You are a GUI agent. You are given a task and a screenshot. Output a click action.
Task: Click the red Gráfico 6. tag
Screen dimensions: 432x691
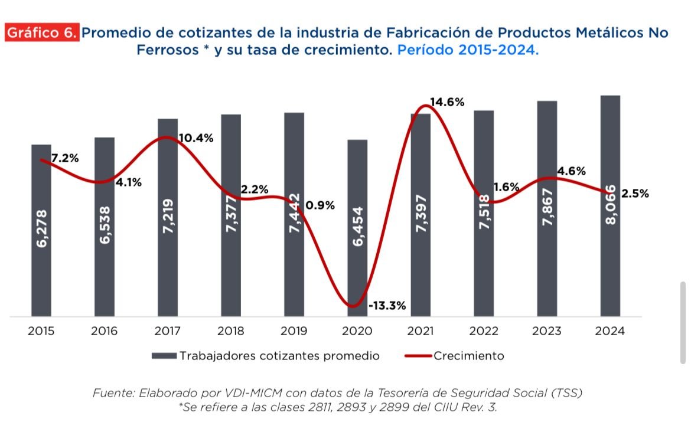[x=42, y=33]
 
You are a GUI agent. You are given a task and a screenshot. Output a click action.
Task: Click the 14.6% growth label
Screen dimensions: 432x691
[x=447, y=102]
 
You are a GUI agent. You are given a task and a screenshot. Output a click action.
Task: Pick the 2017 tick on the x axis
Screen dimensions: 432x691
[x=167, y=331]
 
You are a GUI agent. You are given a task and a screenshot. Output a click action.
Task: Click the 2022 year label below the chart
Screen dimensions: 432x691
[x=484, y=331]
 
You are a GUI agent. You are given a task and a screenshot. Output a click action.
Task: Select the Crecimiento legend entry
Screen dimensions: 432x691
[x=468, y=356]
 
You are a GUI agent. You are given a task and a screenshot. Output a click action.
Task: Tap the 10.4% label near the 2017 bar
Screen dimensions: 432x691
[x=196, y=138]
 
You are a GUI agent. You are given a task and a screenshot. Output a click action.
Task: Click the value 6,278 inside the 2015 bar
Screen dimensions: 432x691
[x=41, y=228]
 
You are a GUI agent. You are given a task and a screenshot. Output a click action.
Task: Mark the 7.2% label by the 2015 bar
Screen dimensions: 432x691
[x=65, y=158]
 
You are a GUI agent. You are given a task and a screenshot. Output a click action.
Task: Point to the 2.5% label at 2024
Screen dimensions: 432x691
[x=635, y=194]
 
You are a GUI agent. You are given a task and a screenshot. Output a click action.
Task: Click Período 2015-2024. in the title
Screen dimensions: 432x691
[x=468, y=50]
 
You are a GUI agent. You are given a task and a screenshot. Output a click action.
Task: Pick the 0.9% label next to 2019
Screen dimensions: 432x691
[x=321, y=205]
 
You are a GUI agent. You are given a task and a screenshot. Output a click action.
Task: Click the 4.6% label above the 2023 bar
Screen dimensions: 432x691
[x=571, y=171]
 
